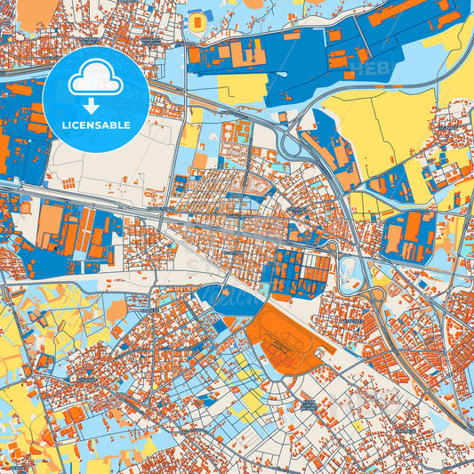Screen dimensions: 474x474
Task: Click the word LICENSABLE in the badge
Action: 96,125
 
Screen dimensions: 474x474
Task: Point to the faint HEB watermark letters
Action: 361,68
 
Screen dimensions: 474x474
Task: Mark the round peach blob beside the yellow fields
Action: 116,310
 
